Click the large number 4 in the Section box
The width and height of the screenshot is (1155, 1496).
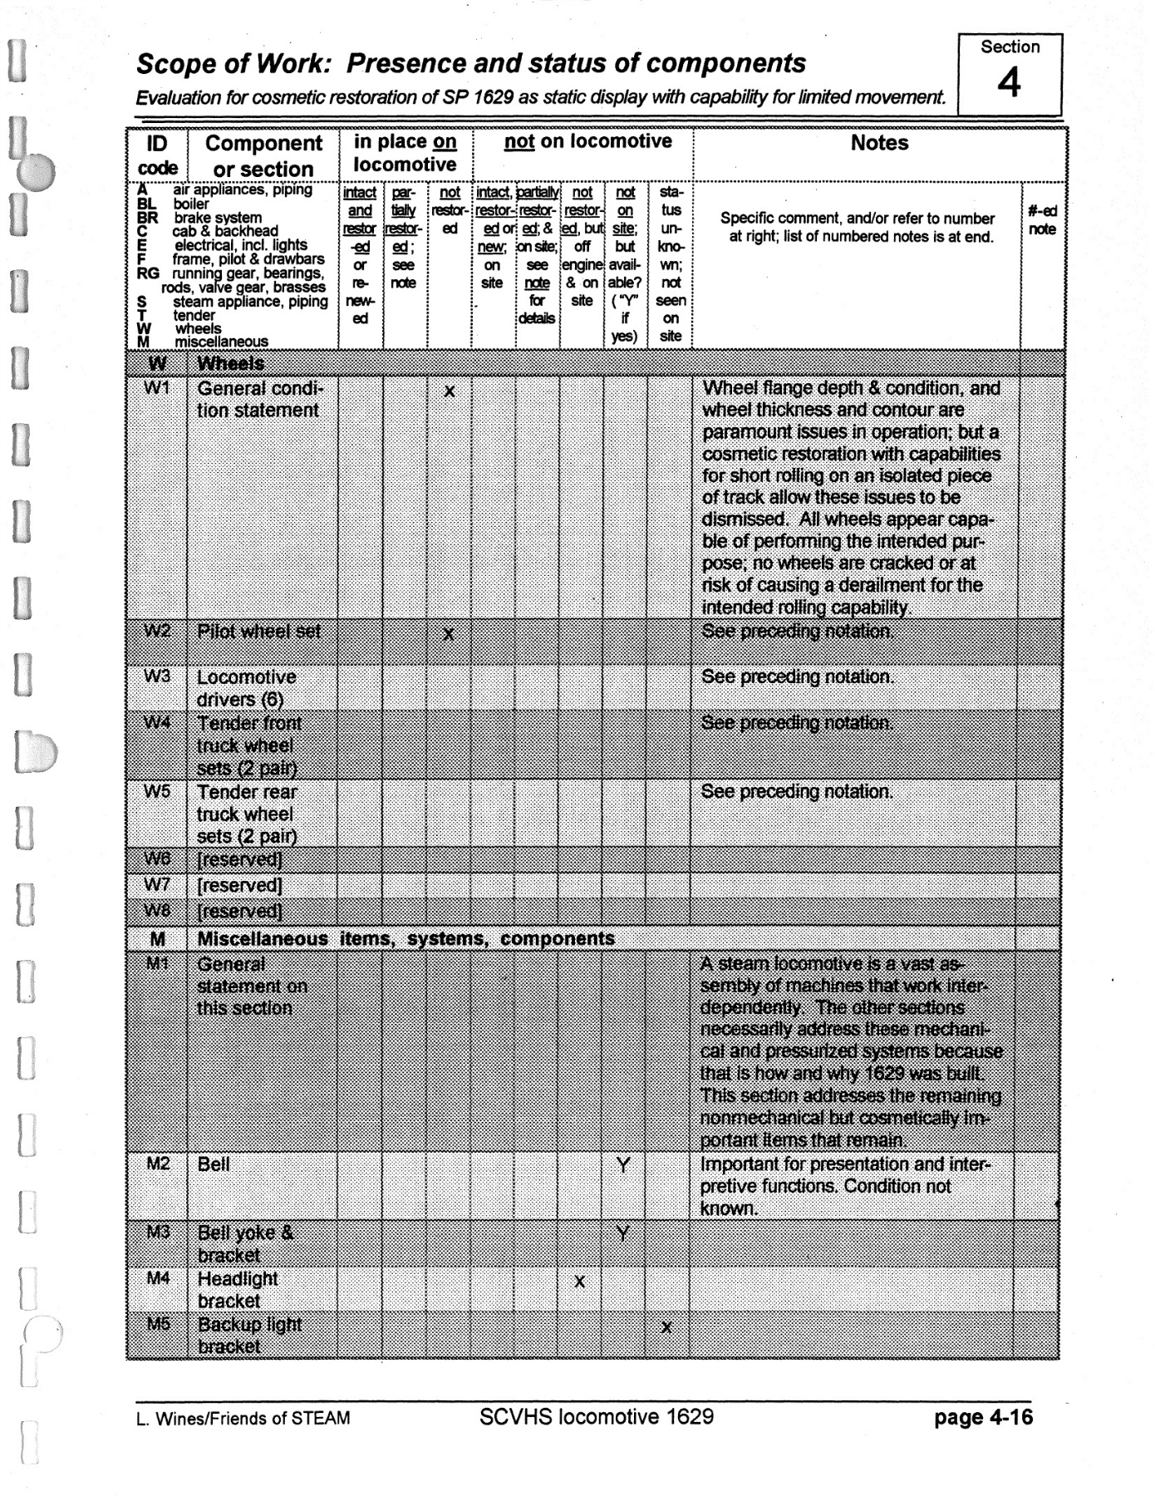tap(1009, 83)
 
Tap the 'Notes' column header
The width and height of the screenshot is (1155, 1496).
tap(879, 143)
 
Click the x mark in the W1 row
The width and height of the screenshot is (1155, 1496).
tap(449, 391)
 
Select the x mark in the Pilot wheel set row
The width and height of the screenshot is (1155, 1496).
tap(449, 634)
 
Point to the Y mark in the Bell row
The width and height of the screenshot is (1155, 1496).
tap(623, 1165)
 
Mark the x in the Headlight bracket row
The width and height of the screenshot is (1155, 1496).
tap(579, 1282)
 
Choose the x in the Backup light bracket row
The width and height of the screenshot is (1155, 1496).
tap(666, 1327)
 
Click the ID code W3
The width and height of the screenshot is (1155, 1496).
tap(157, 677)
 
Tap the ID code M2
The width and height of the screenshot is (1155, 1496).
tap(158, 1164)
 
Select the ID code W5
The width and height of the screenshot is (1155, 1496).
tap(157, 791)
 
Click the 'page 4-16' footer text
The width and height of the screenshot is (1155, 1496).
tap(983, 1417)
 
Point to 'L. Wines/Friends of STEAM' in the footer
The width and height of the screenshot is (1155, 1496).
tap(243, 1419)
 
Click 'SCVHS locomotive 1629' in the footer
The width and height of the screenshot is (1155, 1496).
tap(596, 1416)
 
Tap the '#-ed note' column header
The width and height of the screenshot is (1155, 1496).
tap(1042, 220)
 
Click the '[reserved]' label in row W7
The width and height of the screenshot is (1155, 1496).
tap(239, 886)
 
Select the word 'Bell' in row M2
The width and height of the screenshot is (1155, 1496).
tap(214, 1164)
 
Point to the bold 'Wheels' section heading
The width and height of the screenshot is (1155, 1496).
tap(230, 363)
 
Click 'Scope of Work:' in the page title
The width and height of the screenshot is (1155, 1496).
tap(234, 64)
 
